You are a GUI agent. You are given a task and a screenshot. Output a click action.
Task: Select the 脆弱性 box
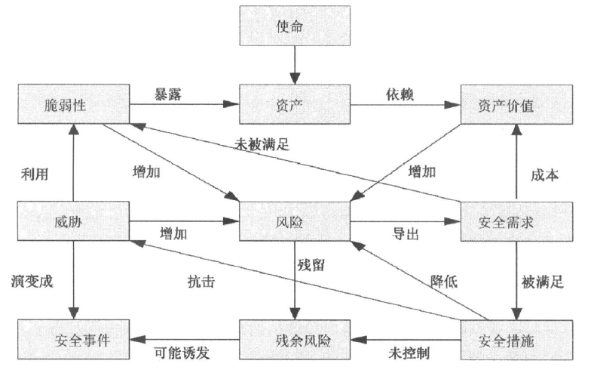tap(73, 106)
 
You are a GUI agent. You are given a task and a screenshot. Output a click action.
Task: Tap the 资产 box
tap(295, 106)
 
